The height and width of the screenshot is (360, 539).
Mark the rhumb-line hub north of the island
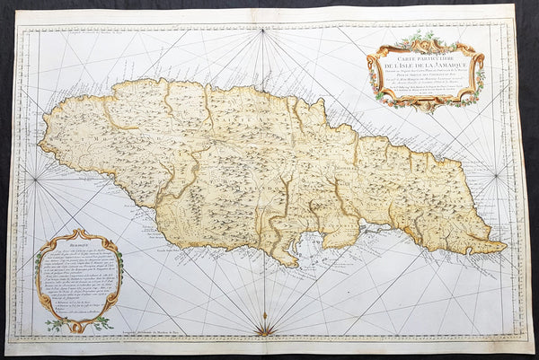coord(262,33)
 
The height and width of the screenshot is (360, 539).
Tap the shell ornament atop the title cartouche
coord(422,36)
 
